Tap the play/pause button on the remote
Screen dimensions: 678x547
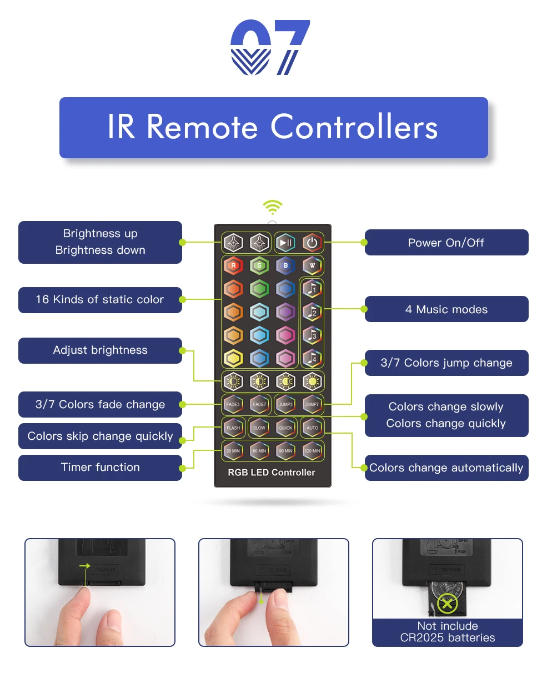click(x=285, y=243)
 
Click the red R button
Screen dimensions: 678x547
click(x=233, y=265)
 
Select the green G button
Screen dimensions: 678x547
click(x=259, y=265)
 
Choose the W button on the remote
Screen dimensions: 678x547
click(x=312, y=265)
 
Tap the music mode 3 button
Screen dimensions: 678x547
click(x=312, y=335)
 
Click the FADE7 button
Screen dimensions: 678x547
click(x=259, y=404)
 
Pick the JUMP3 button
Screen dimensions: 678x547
click(x=285, y=404)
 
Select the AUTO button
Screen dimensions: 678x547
click(x=312, y=428)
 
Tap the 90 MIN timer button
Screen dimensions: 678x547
click(x=285, y=451)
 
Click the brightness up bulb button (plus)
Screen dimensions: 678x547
click(x=233, y=243)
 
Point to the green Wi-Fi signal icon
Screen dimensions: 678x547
click(x=272, y=208)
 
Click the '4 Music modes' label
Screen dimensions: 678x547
click(x=446, y=309)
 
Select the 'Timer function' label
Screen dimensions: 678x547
click(x=100, y=468)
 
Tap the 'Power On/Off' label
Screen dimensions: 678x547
click(x=446, y=243)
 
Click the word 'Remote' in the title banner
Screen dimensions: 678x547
click(x=203, y=127)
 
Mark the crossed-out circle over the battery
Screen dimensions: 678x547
click(x=447, y=604)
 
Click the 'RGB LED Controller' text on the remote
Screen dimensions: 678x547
click(x=272, y=473)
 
